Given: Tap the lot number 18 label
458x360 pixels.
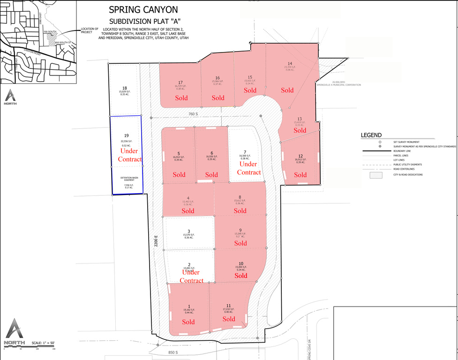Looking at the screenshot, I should [x=124, y=88].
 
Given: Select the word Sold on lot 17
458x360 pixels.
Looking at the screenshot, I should [x=181, y=98].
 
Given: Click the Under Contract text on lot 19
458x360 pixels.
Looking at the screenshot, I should [x=130, y=155].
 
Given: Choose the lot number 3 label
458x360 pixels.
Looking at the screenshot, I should [x=188, y=231].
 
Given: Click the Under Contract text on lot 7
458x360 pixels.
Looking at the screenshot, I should [x=248, y=168].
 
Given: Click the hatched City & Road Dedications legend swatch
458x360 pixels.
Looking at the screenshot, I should [x=376, y=174].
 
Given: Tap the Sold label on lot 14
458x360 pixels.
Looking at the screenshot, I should [x=287, y=90].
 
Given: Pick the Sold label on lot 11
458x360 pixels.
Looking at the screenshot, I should [x=229, y=319].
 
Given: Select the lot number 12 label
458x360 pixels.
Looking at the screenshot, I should [x=300, y=156].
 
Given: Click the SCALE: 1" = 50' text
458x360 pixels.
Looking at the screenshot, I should [x=43, y=343].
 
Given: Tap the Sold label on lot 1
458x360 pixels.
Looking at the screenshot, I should [x=188, y=322].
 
